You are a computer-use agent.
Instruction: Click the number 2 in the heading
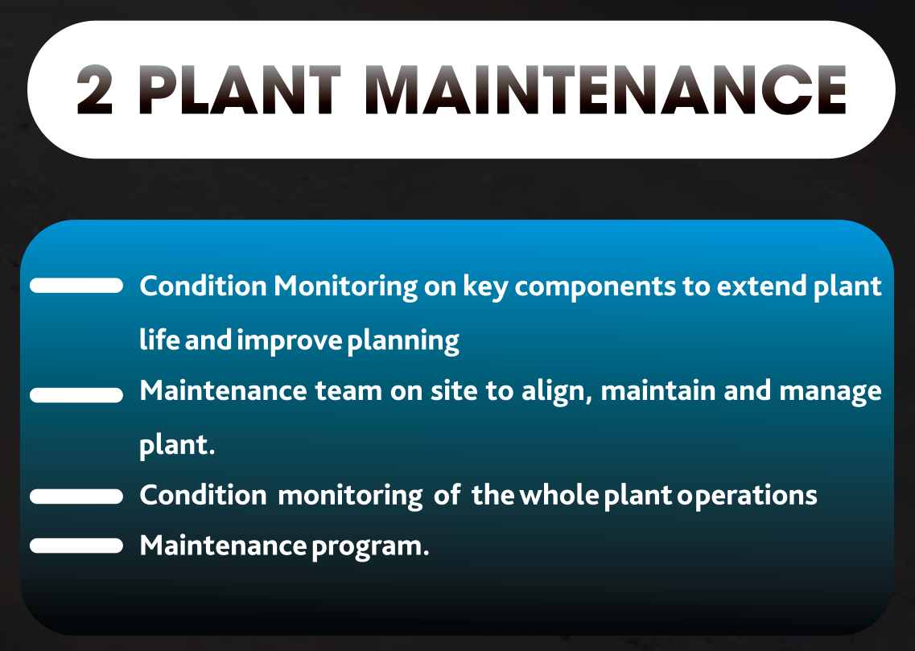[94, 89]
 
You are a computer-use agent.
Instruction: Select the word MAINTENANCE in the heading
[606, 89]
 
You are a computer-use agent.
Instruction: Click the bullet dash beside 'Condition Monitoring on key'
[76, 285]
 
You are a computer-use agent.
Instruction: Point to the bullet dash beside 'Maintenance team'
[76, 395]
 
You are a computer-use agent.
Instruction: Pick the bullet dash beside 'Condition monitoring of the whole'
[76, 496]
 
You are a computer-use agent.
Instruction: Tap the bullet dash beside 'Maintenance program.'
[76, 546]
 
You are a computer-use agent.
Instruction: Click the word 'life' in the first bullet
[160, 340]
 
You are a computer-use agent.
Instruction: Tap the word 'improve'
[290, 341]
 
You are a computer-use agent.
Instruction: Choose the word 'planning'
[403, 341]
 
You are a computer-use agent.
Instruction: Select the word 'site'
[454, 390]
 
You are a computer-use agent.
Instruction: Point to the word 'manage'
[831, 393]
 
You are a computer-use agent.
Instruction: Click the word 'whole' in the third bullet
[559, 495]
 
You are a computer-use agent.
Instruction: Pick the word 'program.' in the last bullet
[370, 547]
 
